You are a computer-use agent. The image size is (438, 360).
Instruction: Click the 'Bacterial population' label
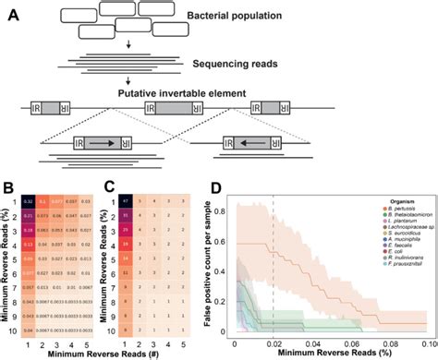(x=278, y=18)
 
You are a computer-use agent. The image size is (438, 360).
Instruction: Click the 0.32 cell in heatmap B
(x=29, y=202)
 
